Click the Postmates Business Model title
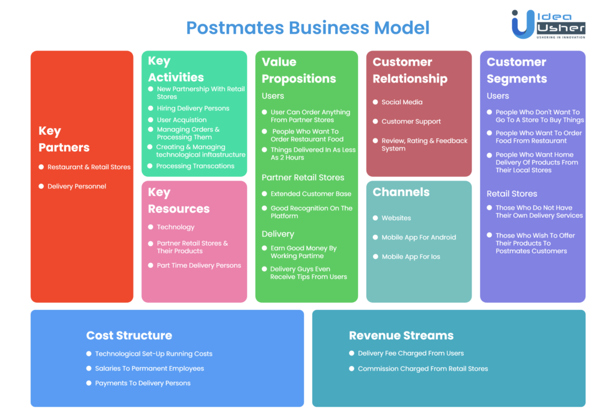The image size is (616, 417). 307,28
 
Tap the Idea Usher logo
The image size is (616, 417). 549,24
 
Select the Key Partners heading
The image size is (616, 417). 64,139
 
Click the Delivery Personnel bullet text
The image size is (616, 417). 76,187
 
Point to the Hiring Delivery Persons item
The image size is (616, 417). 193,108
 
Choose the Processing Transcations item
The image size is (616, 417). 196,166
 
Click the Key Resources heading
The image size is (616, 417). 179,200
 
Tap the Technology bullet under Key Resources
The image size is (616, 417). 176,227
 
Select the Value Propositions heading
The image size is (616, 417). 298,70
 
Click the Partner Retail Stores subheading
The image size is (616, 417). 303,178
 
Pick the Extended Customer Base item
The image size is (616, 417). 311,194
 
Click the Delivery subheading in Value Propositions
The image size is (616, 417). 278,234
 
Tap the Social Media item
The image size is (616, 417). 402,102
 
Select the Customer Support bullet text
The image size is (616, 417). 411,122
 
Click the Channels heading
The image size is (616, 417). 401,192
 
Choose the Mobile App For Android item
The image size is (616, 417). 419,238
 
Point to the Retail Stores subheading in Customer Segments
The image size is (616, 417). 511,194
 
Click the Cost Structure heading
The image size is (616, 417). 129,335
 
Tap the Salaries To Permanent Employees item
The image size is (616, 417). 149,369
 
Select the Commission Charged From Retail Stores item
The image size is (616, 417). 423,369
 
